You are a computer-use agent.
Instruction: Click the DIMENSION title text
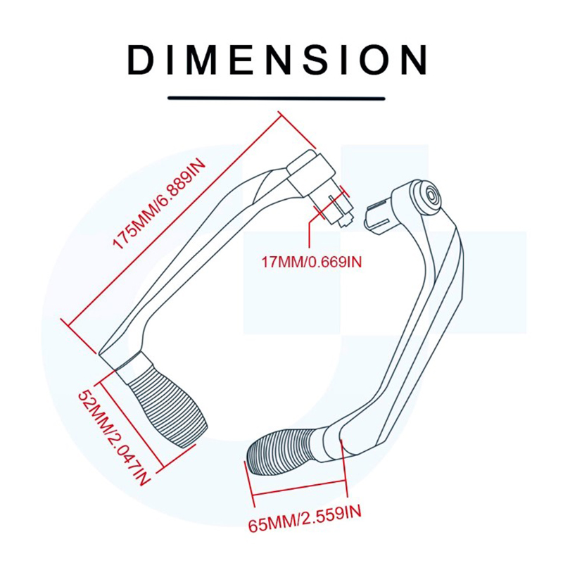pyautogui.click(x=277, y=60)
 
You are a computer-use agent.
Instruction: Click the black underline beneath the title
pyautogui.click(x=277, y=98)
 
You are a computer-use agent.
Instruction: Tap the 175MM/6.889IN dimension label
pyautogui.click(x=159, y=204)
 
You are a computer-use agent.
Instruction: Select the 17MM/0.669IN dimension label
pyautogui.click(x=312, y=262)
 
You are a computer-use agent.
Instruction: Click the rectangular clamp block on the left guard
pyautogui.click(x=310, y=172)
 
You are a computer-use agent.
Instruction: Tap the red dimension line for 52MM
pyautogui.click(x=132, y=424)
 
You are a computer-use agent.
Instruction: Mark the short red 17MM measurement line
pyautogui.click(x=329, y=203)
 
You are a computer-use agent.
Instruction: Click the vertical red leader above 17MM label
pyautogui.click(x=309, y=234)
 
